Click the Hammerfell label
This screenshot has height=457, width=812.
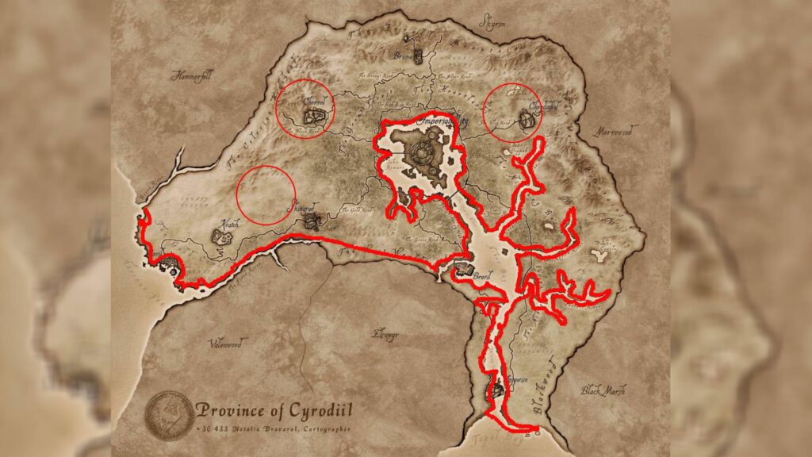(192, 76)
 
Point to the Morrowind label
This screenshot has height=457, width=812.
(615, 132)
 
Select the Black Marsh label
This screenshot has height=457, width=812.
(603, 390)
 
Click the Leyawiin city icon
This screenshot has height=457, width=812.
(496, 390)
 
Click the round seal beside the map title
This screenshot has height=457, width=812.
(167, 414)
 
